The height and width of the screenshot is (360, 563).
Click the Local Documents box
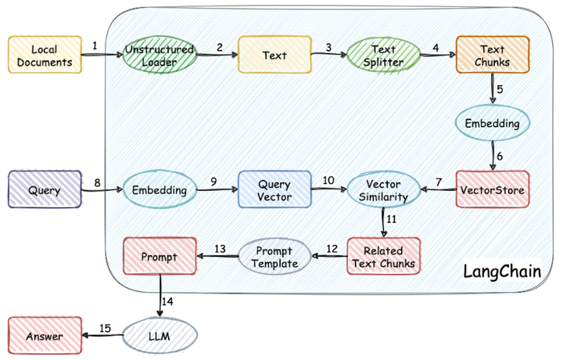(x=45, y=54)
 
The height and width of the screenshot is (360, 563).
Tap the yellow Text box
(x=274, y=55)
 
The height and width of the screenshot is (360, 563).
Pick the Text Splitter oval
(x=383, y=55)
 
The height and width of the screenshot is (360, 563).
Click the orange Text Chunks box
(x=492, y=55)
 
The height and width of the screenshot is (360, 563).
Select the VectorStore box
(x=492, y=189)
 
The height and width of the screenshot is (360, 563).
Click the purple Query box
(x=45, y=189)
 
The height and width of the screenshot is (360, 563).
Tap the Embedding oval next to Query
(x=159, y=189)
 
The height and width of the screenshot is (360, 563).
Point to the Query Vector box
(x=274, y=189)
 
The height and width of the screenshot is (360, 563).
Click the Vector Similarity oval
(x=383, y=189)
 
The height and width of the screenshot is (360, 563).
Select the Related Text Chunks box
(x=383, y=256)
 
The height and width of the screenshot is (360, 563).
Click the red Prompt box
(x=160, y=256)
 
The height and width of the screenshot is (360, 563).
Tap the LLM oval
(x=159, y=337)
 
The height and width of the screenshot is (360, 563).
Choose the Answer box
(x=45, y=337)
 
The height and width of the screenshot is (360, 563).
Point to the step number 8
(x=98, y=182)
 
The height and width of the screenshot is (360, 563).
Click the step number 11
(x=392, y=219)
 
